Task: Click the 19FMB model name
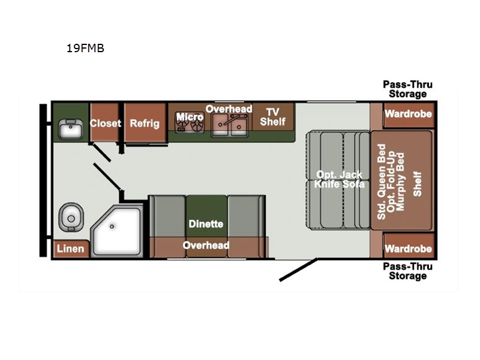[85, 48]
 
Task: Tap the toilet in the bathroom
[71, 217]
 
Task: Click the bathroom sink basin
[70, 129]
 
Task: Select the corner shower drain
[112, 227]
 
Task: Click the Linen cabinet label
[70, 248]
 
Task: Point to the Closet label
[106, 123]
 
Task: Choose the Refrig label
[145, 124]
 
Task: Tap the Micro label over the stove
[190, 116]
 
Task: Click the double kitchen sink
[229, 125]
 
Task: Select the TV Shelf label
[272, 117]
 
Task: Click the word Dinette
[206, 224]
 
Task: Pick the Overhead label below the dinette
[206, 245]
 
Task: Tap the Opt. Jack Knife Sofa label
[339, 179]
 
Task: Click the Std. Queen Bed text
[381, 182]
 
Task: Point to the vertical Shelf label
[417, 184]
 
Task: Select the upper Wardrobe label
[409, 114]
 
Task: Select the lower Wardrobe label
[409, 248]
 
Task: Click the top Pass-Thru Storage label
[408, 89]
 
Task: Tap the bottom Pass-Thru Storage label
[408, 271]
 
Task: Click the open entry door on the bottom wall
[298, 269]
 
